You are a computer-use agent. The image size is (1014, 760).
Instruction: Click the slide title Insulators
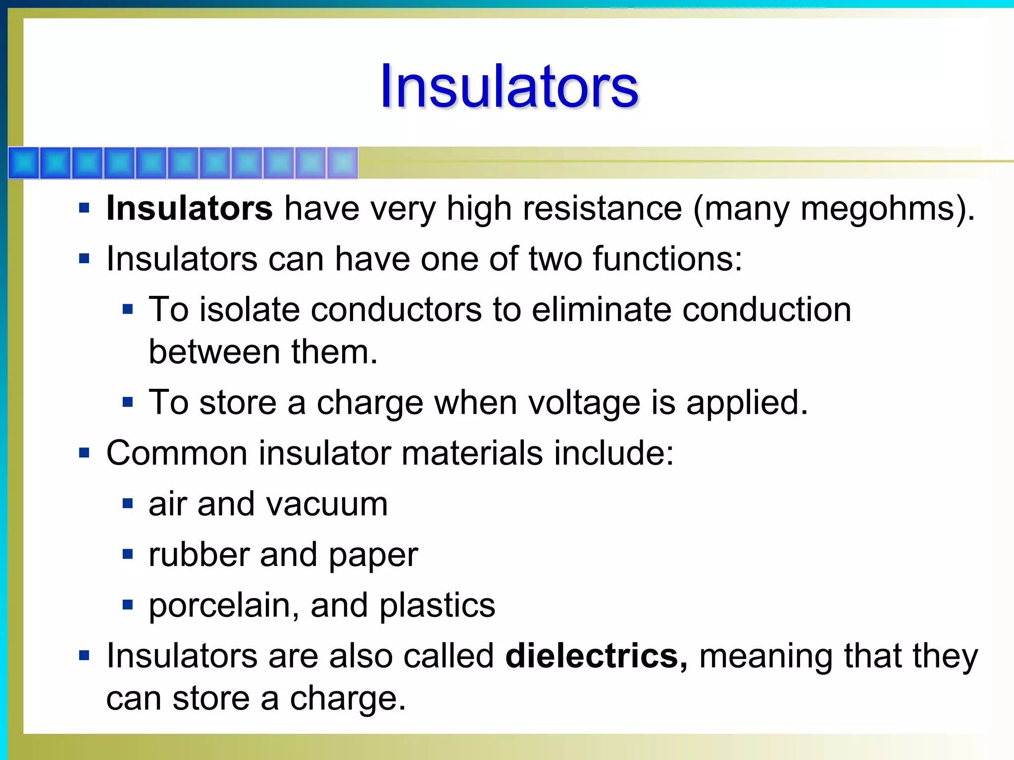[509, 87]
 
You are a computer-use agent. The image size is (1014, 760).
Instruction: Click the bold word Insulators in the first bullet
[189, 208]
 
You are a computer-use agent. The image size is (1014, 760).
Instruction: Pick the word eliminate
[601, 310]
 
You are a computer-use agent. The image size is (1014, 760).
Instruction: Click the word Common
[177, 453]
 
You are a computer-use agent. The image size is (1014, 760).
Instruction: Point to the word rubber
[199, 555]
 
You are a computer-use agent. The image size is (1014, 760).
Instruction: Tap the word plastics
[437, 606]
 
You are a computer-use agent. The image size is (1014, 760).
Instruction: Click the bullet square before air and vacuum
[128, 504]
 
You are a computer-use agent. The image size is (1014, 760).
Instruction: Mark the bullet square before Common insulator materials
[84, 453]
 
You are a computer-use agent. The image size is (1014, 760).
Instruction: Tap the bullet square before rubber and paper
[128, 554]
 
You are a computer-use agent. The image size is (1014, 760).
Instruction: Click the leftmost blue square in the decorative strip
[23, 163]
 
